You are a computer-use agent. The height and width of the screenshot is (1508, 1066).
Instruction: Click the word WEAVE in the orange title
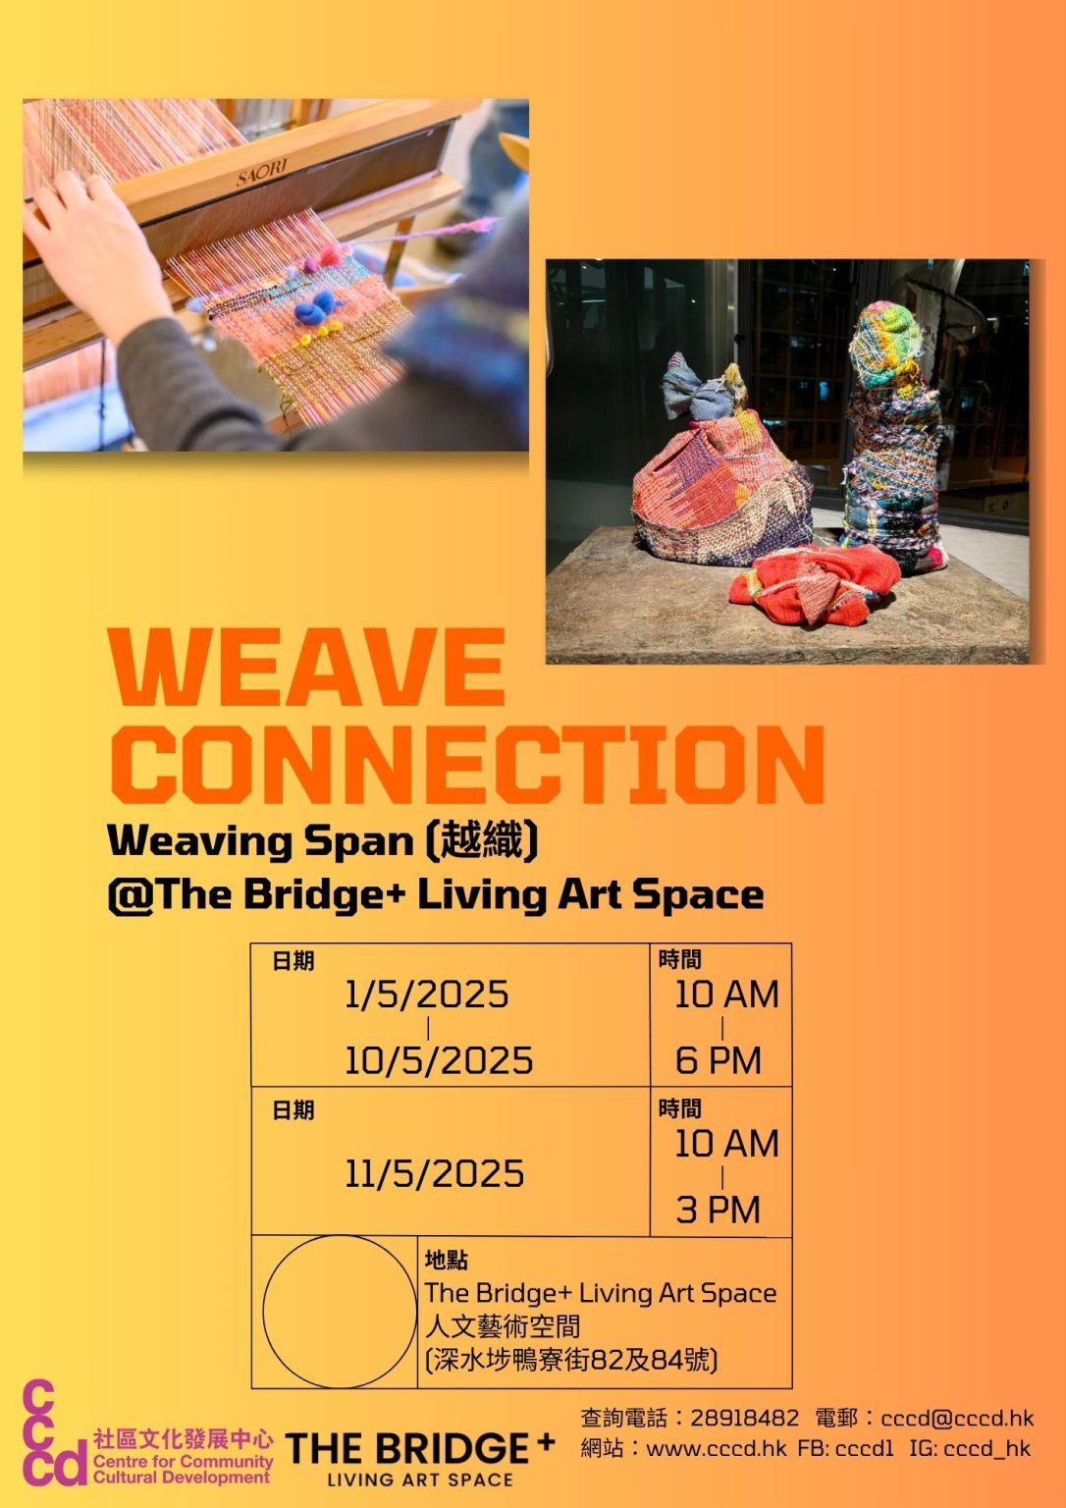click(308, 667)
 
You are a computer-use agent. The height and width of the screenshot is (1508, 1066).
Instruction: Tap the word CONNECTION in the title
click(467, 764)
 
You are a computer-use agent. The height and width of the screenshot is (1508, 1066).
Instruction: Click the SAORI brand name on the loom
click(261, 174)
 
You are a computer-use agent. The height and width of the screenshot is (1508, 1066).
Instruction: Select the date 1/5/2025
click(427, 995)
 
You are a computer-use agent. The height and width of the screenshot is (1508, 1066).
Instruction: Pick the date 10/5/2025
click(438, 1060)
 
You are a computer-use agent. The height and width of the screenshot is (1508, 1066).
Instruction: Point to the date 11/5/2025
click(434, 1173)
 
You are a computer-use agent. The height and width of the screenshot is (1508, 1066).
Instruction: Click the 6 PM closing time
click(718, 1060)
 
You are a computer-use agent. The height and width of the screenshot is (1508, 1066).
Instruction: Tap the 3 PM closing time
click(718, 1210)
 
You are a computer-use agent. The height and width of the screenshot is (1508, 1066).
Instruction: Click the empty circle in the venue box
click(339, 1311)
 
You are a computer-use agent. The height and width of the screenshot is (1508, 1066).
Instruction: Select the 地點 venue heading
click(446, 1260)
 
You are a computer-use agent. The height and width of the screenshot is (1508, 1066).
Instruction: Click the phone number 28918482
click(744, 1418)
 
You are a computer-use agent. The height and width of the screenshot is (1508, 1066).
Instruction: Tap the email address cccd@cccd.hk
click(957, 1418)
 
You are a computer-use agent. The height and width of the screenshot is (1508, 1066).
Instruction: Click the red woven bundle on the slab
click(814, 585)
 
